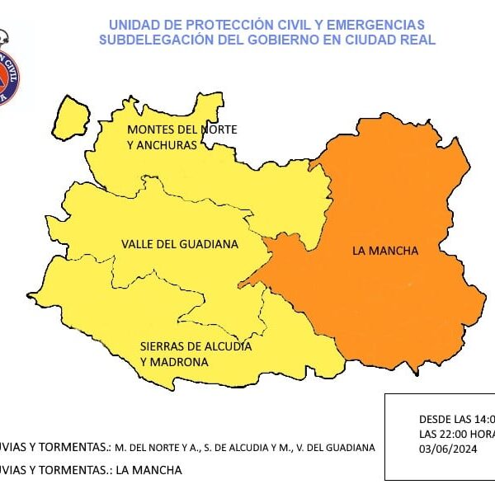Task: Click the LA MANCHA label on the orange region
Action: pos(385,251)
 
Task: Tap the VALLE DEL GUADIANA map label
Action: pos(179,244)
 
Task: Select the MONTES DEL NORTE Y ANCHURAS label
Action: pos(181,137)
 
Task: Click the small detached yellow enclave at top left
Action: pos(73,116)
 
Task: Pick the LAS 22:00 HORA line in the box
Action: pos(456,433)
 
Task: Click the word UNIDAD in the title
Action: pos(131,25)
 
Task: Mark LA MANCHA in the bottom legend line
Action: pos(148,470)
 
